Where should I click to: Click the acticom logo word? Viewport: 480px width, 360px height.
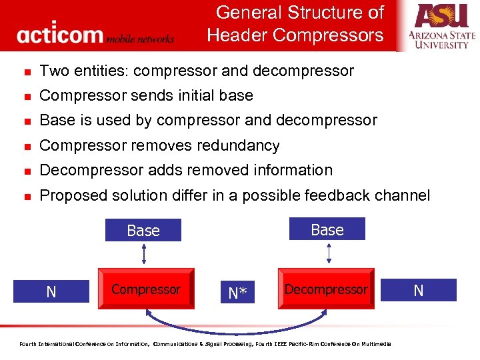pyautogui.click(x=60, y=34)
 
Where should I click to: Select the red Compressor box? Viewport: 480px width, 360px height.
pyautogui.click(x=146, y=290)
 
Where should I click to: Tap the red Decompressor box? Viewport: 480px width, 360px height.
pyautogui.click(x=326, y=290)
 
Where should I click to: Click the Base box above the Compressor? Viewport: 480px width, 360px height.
pyautogui.click(x=143, y=231)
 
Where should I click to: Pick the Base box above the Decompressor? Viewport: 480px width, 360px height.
pyautogui.click(x=327, y=229)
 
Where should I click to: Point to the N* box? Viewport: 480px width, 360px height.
pyautogui.click(x=237, y=291)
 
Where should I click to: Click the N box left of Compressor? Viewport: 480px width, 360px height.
pyautogui.click(x=51, y=291)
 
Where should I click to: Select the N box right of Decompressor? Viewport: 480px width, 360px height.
pyautogui.click(x=419, y=290)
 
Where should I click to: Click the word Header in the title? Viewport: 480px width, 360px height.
pyautogui.click(x=237, y=35)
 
